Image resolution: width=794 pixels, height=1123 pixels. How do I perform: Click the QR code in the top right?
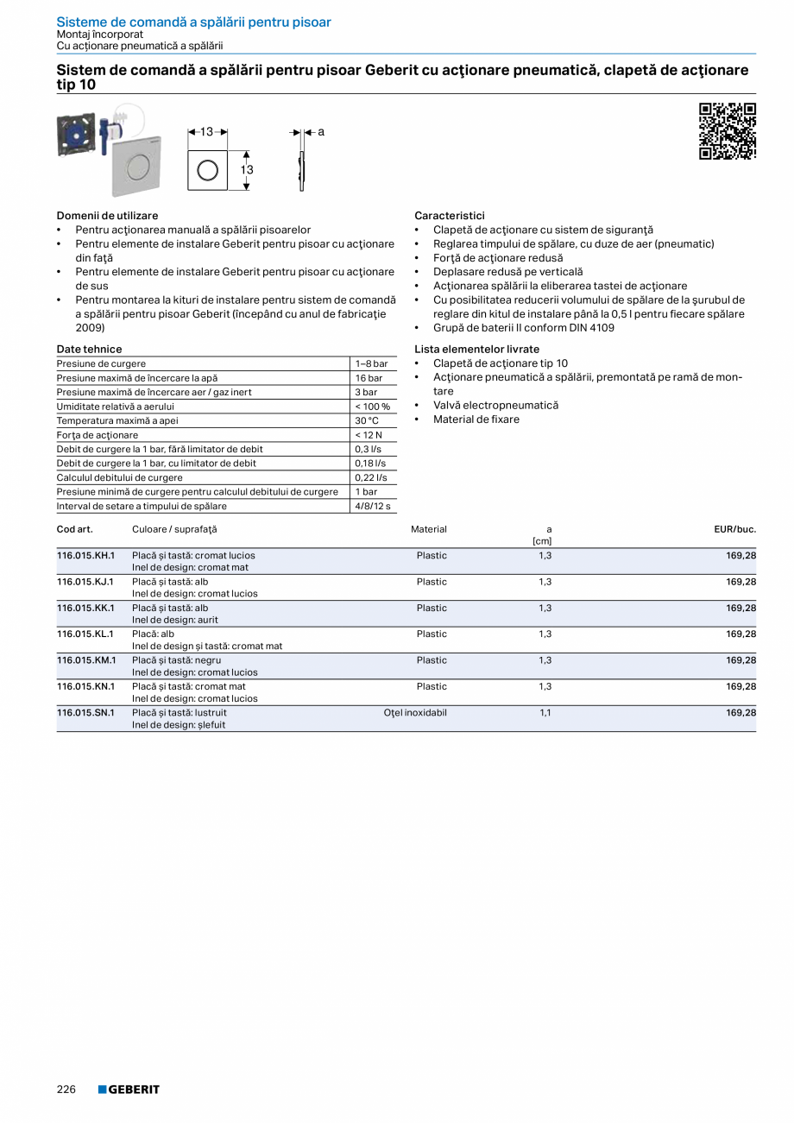tap(727, 131)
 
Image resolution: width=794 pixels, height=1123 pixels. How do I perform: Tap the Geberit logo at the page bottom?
tap(129, 1089)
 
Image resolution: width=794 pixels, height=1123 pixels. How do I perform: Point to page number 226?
tap(66, 1089)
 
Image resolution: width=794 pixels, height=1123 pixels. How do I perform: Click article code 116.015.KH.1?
tap(85, 555)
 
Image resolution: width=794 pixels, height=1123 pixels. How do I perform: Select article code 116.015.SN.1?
tap(85, 713)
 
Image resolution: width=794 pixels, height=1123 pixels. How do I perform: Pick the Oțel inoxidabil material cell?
tap(415, 713)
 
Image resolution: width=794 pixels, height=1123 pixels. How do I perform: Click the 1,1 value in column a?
tap(545, 713)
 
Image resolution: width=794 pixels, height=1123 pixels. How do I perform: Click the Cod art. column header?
tap(74, 529)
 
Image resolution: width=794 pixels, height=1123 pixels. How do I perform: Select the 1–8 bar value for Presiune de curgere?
tap(371, 364)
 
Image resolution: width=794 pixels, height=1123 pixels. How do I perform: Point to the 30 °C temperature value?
tap(367, 421)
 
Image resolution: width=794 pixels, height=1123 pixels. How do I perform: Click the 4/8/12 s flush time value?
tap(373, 507)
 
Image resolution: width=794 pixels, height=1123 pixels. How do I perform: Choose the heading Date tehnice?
tap(89, 350)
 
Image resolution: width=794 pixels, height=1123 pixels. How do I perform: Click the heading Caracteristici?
tap(449, 216)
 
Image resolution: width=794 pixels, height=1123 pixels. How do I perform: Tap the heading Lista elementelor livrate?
tap(476, 350)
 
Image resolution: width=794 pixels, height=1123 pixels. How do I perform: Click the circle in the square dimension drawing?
tap(207, 170)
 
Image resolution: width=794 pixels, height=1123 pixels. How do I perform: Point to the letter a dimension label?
tap(320, 132)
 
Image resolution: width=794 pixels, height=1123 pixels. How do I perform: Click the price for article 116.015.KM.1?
tap(740, 660)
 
